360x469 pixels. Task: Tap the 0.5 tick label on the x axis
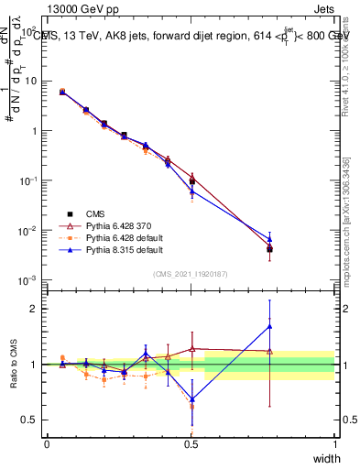(x=191, y=443)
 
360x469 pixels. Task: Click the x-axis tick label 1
(x=335, y=443)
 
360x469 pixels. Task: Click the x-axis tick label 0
(x=47, y=443)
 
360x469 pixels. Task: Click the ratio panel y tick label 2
(x=35, y=309)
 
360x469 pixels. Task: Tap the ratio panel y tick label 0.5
(x=31, y=420)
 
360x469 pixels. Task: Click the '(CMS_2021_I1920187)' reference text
(x=191, y=273)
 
